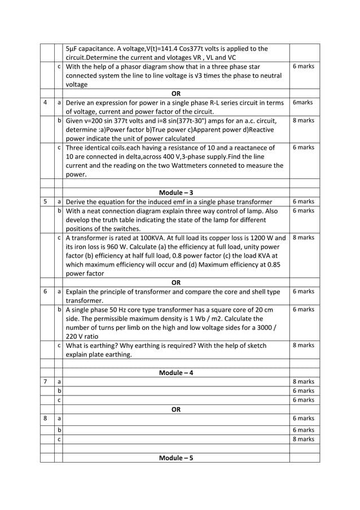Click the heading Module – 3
175,193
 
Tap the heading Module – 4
175,373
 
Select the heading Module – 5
175,457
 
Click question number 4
45,102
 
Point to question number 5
45,202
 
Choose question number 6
45,291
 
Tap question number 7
45,382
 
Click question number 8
45,419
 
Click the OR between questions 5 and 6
175,282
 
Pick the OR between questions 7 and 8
175,409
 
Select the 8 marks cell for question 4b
304,120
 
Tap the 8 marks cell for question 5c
304,238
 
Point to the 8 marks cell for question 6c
304,346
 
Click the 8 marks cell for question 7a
304,382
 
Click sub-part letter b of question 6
59,310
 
